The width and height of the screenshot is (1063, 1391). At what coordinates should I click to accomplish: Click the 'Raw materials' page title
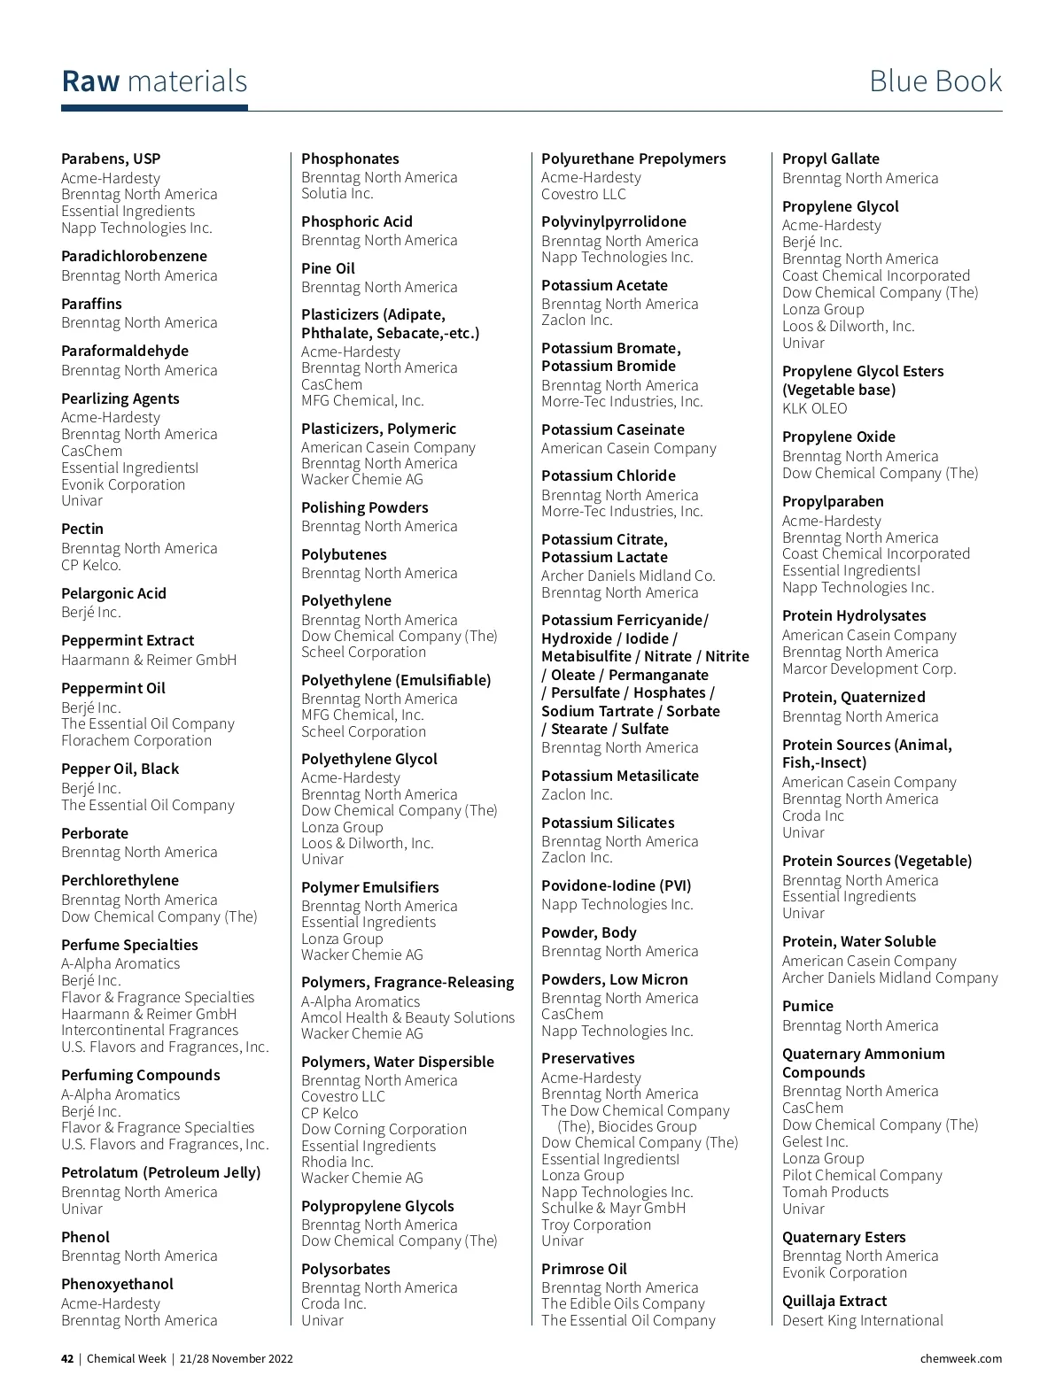tap(154, 81)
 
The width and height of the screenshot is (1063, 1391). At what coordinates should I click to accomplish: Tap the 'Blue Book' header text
tap(935, 81)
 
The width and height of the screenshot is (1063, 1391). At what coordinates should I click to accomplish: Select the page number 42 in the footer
tap(67, 1358)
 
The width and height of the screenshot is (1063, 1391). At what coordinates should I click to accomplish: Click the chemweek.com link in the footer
tap(960, 1358)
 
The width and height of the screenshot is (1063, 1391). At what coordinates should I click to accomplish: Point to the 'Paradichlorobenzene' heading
tap(134, 257)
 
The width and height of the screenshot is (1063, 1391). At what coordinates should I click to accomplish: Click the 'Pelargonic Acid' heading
tap(113, 593)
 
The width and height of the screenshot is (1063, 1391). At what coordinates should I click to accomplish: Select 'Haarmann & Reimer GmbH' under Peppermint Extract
tap(149, 660)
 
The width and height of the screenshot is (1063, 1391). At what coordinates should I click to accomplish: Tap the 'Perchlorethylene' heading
tap(120, 880)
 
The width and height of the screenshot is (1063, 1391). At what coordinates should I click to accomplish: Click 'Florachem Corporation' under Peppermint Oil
tap(136, 740)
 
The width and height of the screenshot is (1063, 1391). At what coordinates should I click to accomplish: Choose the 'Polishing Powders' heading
tap(364, 507)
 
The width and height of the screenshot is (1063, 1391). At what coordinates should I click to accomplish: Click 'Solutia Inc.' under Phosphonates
tap(338, 193)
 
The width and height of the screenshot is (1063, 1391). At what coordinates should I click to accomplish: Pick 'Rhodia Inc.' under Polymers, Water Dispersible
tap(337, 1161)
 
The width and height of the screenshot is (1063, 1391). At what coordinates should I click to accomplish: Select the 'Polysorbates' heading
tap(345, 1269)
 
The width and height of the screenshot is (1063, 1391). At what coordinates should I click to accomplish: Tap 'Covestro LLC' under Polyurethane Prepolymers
tap(583, 194)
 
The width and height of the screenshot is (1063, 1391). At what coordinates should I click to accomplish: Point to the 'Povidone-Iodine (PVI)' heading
tap(616, 885)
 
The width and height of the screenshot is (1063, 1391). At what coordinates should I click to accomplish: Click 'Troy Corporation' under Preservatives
tap(595, 1225)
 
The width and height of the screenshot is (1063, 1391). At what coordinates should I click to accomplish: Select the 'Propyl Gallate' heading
tap(830, 158)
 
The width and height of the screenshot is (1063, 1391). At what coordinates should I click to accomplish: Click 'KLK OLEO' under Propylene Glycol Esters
tap(814, 408)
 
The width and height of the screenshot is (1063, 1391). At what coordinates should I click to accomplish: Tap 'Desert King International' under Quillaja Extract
tap(862, 1320)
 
